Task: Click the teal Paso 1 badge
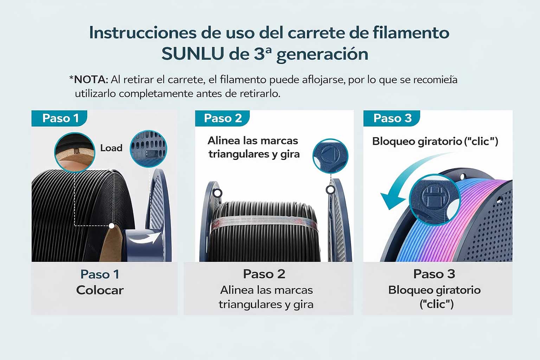pyautogui.click(x=60, y=118)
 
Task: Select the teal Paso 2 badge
pyautogui.click(x=223, y=118)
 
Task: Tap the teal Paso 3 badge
pyautogui.click(x=392, y=118)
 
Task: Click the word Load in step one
pyautogui.click(x=111, y=148)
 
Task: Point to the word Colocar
pyautogui.click(x=100, y=290)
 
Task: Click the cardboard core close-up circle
pyautogui.click(x=75, y=152)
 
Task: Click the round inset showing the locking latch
pyautogui.click(x=435, y=199)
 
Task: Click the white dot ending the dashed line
pyautogui.click(x=111, y=226)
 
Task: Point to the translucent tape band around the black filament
pyautogui.click(x=264, y=223)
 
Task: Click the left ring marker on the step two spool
pyautogui.click(x=218, y=193)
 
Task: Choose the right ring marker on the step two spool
pyautogui.click(x=330, y=190)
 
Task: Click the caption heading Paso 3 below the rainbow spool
pyautogui.click(x=434, y=274)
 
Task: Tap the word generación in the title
pyautogui.click(x=322, y=54)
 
